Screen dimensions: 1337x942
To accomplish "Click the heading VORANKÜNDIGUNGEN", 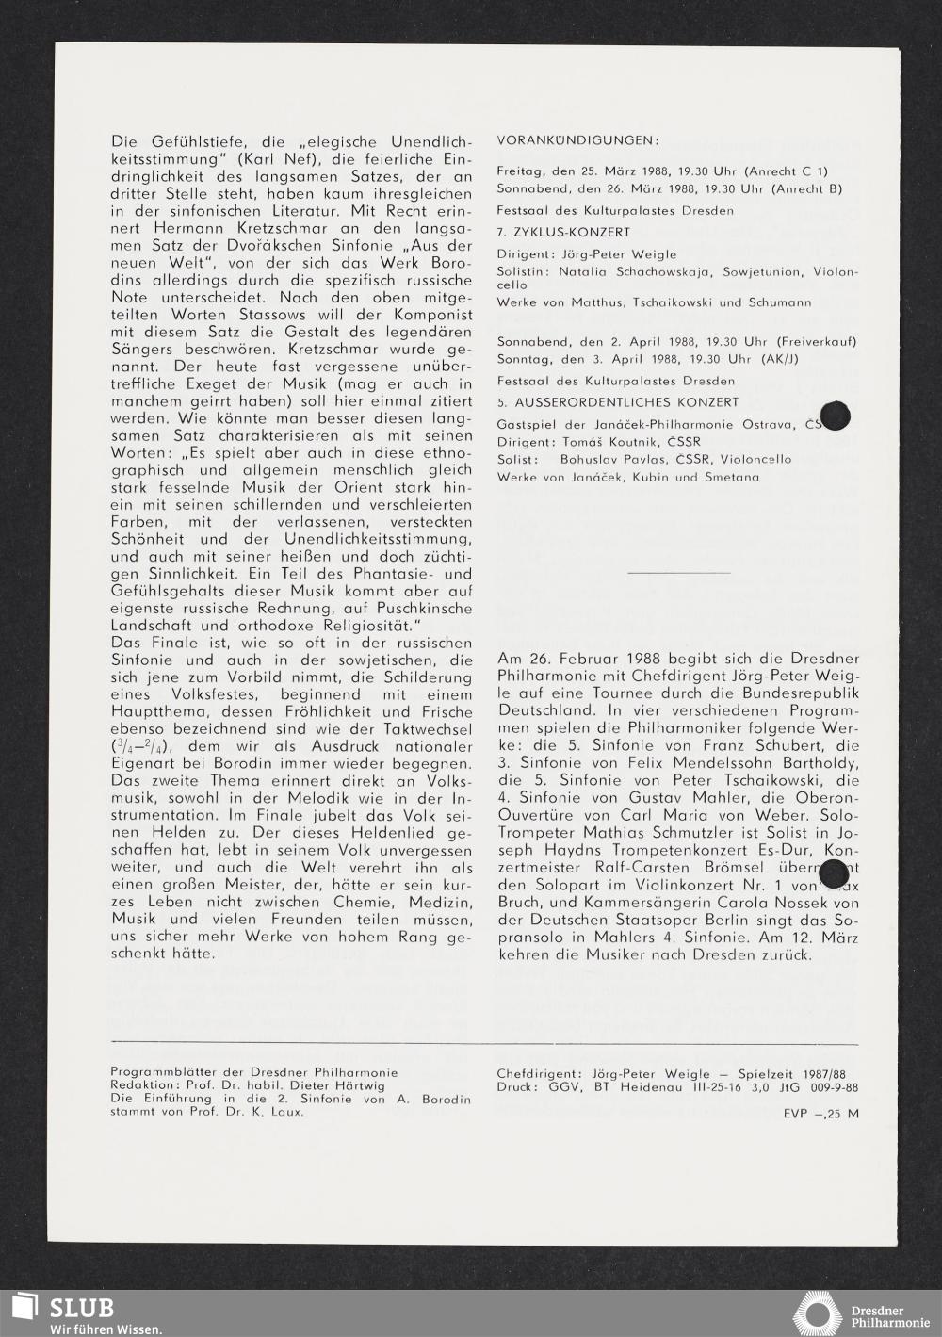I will click(577, 141).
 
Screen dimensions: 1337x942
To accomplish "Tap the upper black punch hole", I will click(835, 416).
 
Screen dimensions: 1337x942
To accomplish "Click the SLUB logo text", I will click(82, 1307).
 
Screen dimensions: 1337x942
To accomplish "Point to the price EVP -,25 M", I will click(820, 1113).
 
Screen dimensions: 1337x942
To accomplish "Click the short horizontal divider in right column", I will click(677, 571).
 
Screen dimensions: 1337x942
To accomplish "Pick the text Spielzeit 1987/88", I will click(793, 1072).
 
